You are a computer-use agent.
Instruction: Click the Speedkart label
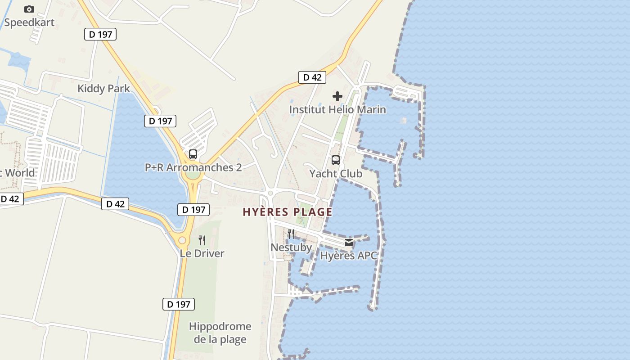click(x=29, y=22)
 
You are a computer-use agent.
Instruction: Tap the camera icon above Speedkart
click(x=29, y=9)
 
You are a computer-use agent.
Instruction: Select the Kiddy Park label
click(x=103, y=88)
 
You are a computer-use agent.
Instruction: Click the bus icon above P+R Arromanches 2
click(x=193, y=154)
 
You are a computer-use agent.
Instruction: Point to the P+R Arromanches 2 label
click(x=193, y=167)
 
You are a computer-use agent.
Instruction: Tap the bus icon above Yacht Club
click(x=336, y=160)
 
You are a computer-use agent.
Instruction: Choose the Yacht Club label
click(x=336, y=173)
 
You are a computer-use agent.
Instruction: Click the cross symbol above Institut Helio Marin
click(x=337, y=96)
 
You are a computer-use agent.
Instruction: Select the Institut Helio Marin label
click(x=337, y=109)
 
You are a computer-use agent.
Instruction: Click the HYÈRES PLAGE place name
click(x=288, y=212)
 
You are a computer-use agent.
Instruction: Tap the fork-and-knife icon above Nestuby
click(x=291, y=234)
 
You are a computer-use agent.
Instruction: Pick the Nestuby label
click(x=291, y=247)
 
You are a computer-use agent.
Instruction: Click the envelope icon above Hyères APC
click(x=349, y=243)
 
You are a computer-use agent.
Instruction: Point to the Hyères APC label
click(x=349, y=256)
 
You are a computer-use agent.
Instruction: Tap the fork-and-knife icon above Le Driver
click(x=202, y=240)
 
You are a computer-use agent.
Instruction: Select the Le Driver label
click(x=202, y=253)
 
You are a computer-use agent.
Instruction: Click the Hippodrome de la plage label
click(x=220, y=333)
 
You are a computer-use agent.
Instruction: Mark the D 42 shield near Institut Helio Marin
click(x=312, y=77)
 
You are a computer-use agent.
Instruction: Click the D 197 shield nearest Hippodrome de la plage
click(x=179, y=304)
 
